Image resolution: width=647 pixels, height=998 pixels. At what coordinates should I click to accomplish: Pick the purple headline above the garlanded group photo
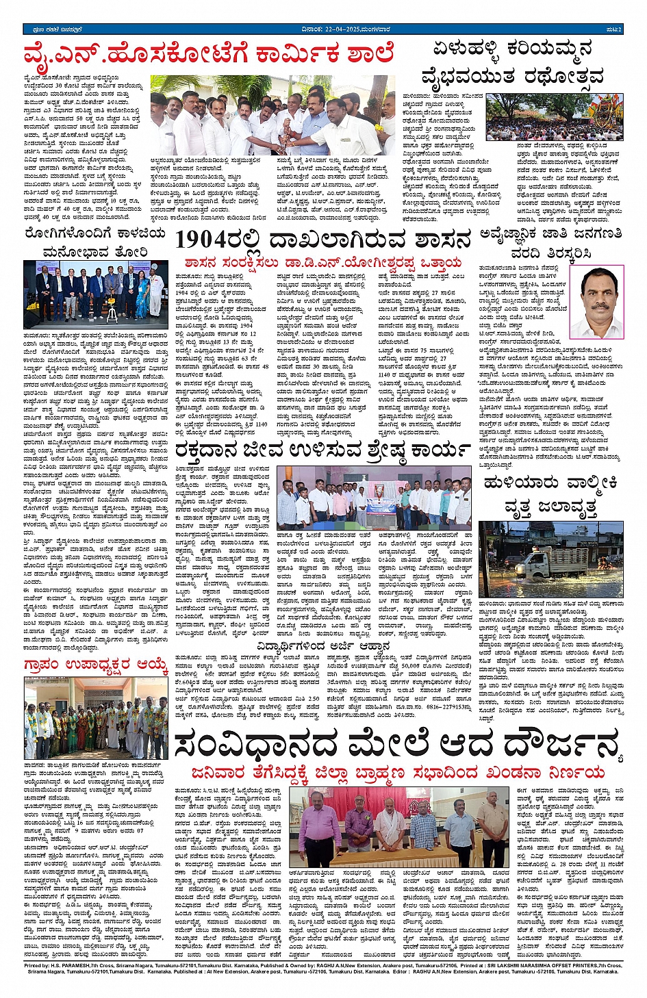point(95,665)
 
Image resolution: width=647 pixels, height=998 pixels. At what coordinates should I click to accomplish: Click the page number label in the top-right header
point(613,29)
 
